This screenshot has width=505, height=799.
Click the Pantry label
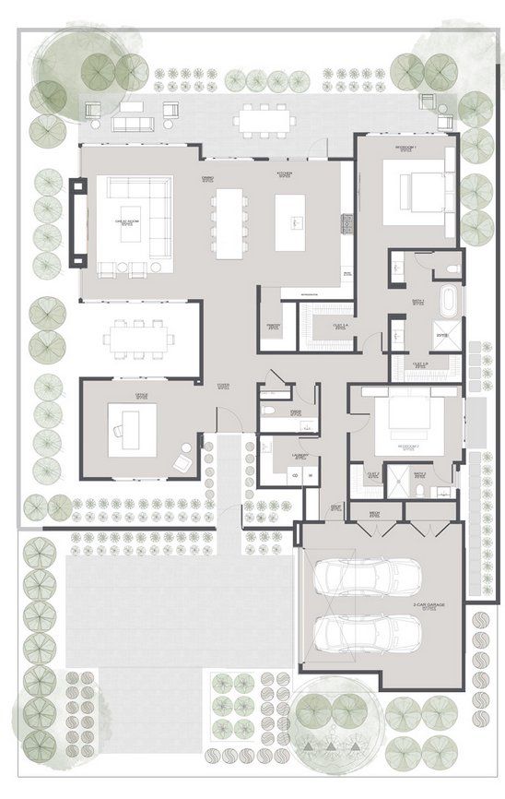[x=274, y=326]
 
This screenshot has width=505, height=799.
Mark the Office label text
[x=142, y=396]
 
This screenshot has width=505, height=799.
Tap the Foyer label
[x=223, y=387]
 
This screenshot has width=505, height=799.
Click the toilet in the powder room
[x=267, y=408]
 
